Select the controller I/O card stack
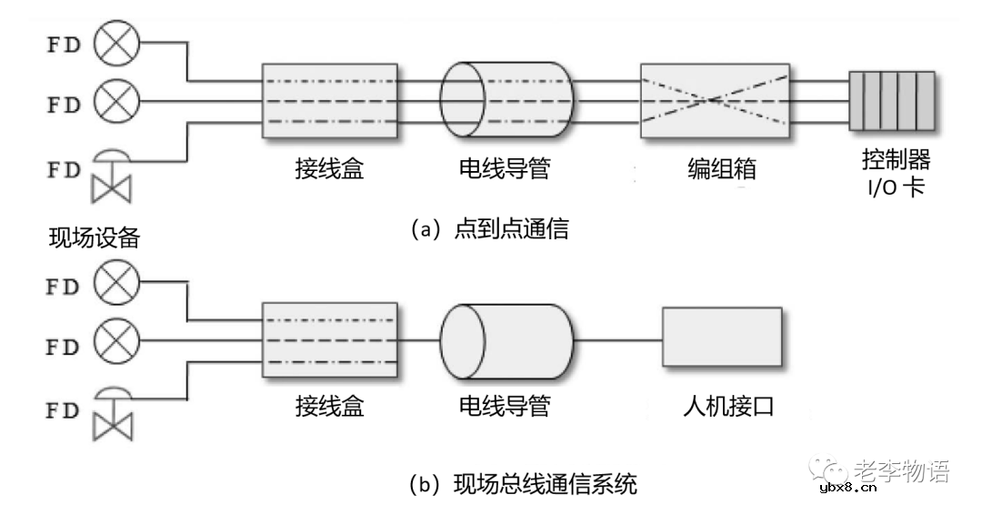(891, 101)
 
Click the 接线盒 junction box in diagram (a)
(329, 101)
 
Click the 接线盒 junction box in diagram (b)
(329, 340)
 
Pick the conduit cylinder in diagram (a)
(506, 101)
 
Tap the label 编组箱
(721, 169)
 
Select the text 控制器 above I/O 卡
(895, 161)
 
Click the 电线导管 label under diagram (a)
(505, 169)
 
